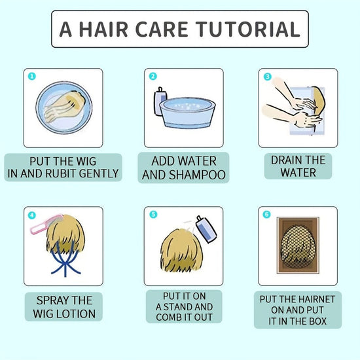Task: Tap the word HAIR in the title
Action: click(103, 29)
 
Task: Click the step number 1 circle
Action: click(32, 76)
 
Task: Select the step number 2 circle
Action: click(153, 76)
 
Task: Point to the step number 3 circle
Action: click(267, 77)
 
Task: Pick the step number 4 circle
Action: click(32, 215)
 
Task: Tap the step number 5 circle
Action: click(153, 215)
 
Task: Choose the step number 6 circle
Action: click(266, 215)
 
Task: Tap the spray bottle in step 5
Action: click(206, 229)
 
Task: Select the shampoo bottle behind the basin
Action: click(159, 101)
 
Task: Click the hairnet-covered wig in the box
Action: click(298, 246)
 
